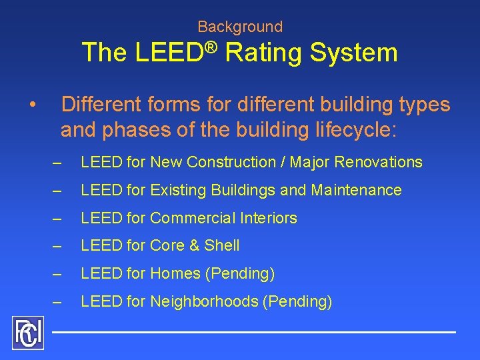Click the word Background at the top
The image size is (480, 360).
pyautogui.click(x=240, y=27)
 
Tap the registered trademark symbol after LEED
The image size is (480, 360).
pyautogui.click(x=211, y=46)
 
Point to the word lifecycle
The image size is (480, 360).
pyautogui.click(x=344, y=129)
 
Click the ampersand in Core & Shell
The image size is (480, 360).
pyautogui.click(x=194, y=246)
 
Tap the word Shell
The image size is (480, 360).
pyautogui.click(x=222, y=246)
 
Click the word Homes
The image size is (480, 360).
pyautogui.click(x=174, y=273)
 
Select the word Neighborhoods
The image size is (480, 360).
pyautogui.click(x=204, y=301)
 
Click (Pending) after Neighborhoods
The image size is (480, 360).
pyautogui.click(x=297, y=301)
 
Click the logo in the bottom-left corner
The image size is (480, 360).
pyautogui.click(x=27, y=332)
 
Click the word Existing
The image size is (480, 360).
pyautogui.click(x=178, y=190)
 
